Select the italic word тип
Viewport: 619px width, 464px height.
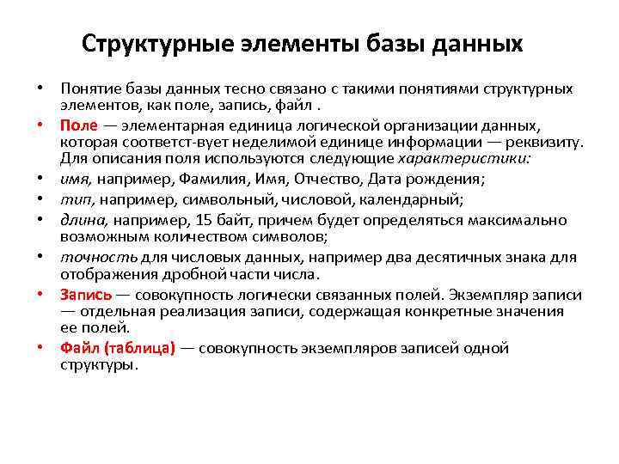pos(72,199)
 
